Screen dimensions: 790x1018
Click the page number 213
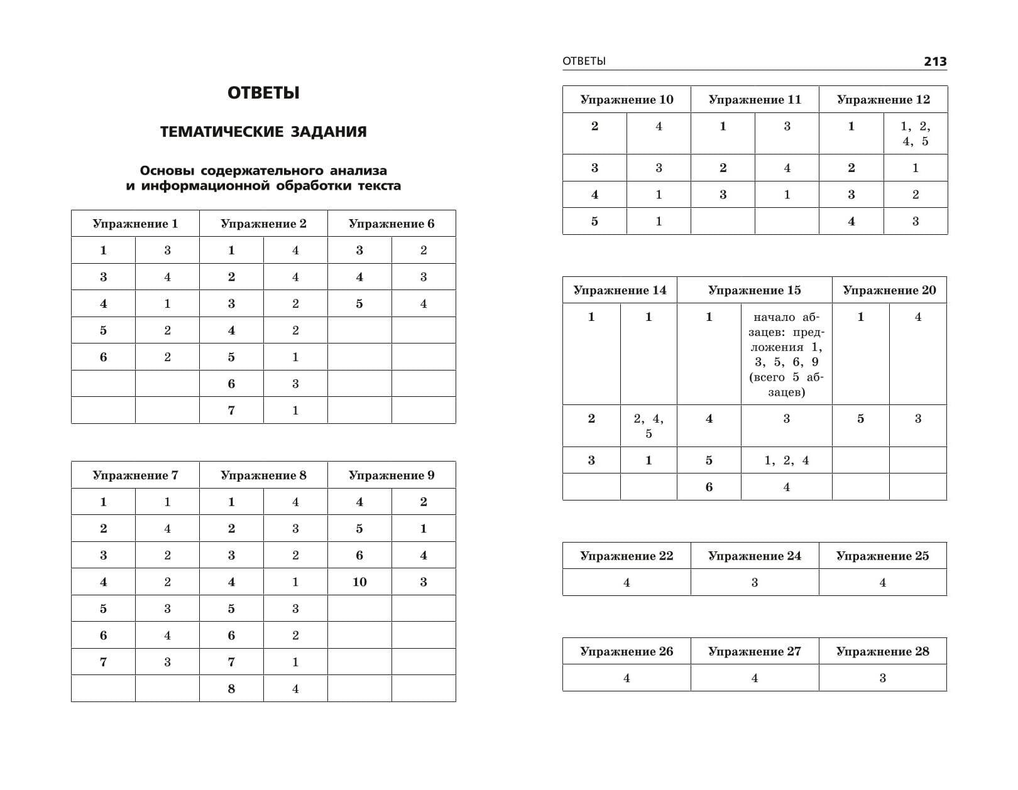934,62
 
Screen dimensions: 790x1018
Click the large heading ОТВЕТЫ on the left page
263,93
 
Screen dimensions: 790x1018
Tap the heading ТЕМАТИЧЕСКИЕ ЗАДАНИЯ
263,132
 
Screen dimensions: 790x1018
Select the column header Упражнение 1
135,224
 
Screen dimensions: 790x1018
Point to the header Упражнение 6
391,224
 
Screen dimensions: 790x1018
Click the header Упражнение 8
263,475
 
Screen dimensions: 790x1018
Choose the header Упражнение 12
883,99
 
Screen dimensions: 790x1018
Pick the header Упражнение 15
754,290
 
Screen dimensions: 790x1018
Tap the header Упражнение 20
889,290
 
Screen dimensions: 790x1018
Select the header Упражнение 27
754,651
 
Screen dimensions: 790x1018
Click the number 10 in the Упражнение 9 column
359,582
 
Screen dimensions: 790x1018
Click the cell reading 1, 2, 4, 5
916,133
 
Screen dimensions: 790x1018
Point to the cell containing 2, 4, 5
649,426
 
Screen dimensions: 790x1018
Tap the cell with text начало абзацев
786,354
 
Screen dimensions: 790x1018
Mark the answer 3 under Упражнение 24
754,583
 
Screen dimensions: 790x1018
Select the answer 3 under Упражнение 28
882,678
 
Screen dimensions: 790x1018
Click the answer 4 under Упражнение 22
627,583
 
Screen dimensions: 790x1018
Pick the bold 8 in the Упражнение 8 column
231,689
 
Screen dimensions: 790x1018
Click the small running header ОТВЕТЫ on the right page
584,61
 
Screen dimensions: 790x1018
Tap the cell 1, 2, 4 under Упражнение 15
786,460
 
